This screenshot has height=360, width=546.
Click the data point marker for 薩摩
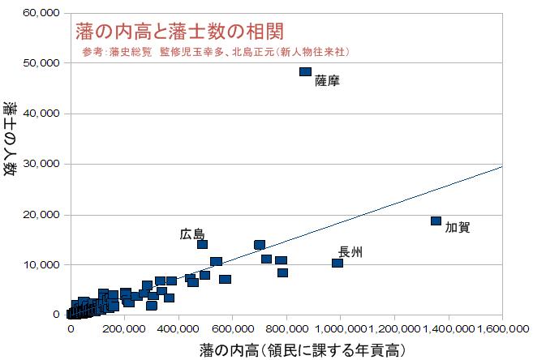click(305, 71)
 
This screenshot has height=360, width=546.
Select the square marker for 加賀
click(436, 221)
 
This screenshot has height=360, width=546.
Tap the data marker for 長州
click(337, 263)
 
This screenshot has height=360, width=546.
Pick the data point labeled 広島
click(202, 244)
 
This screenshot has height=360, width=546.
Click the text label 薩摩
click(327, 81)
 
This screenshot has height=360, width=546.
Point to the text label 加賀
click(458, 227)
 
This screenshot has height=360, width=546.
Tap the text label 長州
click(350, 252)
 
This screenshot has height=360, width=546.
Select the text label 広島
click(192, 234)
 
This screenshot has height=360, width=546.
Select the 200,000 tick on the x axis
click(124, 328)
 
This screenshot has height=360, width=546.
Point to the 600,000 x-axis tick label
click(232, 328)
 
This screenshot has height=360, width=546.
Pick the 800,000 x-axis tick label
click(286, 328)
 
